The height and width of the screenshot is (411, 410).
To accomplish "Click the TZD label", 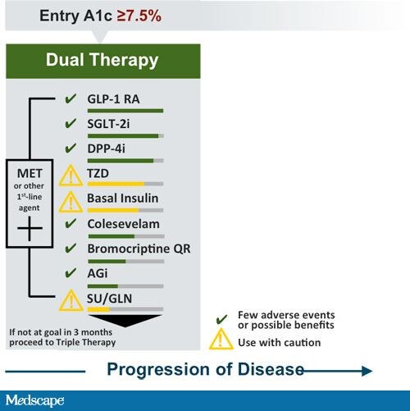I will click(x=99, y=173).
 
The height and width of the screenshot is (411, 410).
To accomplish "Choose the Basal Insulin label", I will click(x=122, y=198).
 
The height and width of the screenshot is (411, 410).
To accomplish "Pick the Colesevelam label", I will click(x=123, y=222).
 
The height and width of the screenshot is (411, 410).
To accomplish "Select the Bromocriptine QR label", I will click(x=139, y=247).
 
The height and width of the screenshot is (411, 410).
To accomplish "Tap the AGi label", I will click(x=98, y=272).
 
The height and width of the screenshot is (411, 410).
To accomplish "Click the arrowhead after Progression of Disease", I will click(x=365, y=371).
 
